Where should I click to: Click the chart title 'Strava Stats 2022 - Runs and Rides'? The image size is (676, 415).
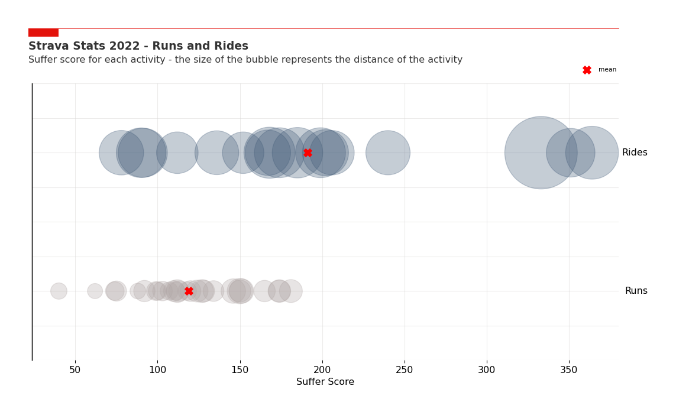[138, 46]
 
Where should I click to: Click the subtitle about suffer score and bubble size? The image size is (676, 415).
[245, 60]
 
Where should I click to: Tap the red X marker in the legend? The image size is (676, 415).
[587, 70]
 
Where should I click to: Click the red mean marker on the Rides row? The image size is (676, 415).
[308, 153]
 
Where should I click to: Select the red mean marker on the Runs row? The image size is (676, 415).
[189, 291]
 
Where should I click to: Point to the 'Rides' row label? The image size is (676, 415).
[635, 153]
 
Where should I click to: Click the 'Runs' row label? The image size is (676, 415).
[636, 291]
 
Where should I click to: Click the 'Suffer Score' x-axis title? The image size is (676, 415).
[325, 382]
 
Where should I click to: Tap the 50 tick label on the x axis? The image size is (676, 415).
[75, 370]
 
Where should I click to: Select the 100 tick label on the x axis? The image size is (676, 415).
[157, 370]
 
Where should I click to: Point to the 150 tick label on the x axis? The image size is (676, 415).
[240, 370]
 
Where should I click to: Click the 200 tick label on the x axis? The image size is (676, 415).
[322, 370]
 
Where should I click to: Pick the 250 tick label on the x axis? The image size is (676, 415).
[405, 370]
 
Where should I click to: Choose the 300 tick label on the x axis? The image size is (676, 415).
[487, 370]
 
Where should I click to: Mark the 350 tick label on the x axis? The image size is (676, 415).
[569, 370]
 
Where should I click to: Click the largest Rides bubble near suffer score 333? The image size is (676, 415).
[541, 153]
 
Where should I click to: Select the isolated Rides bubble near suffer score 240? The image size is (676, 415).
[388, 153]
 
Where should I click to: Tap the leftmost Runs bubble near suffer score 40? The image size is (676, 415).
[59, 291]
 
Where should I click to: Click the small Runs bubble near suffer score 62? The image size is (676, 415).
[95, 291]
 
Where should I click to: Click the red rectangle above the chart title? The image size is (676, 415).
[43, 33]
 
